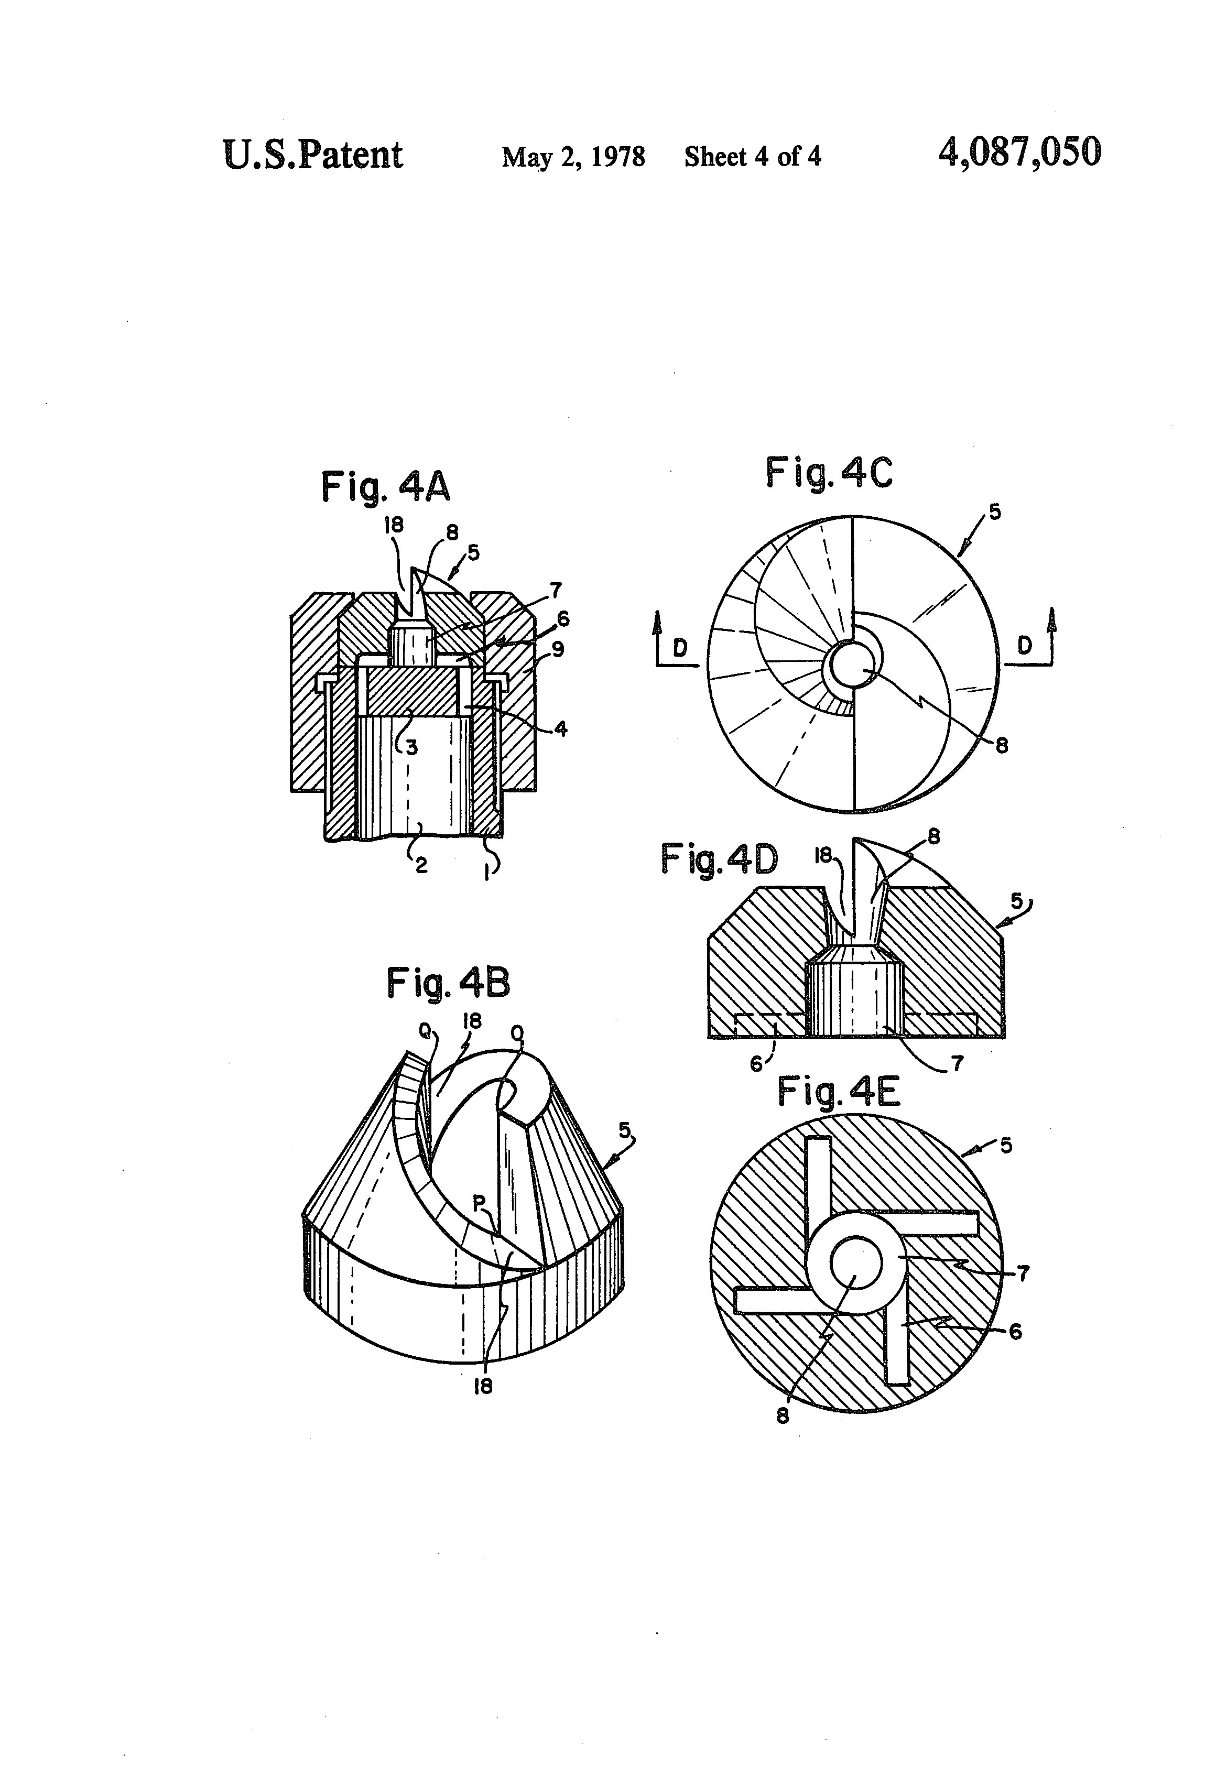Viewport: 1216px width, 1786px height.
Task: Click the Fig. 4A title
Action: (x=385, y=487)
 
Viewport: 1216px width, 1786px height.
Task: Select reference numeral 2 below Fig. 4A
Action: (x=421, y=865)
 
